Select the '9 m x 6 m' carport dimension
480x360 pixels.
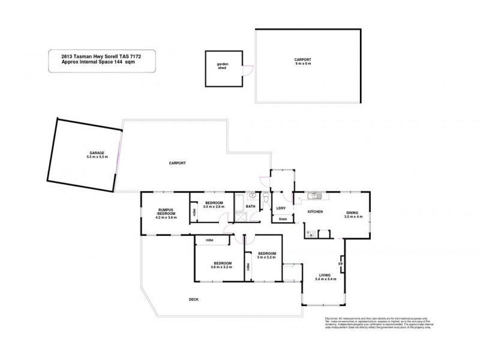[x=302, y=64]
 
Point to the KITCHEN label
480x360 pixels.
[x=316, y=212]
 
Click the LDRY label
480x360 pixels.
[x=280, y=209]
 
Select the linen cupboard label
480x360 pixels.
[x=283, y=219]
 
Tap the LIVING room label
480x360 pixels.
[x=328, y=275]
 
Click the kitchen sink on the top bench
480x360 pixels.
[x=313, y=196]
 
